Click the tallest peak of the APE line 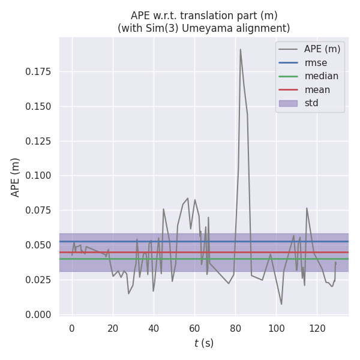241,49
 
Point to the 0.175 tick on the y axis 38,72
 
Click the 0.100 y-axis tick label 38,176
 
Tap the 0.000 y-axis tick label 38,314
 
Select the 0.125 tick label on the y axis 38,142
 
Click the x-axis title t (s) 203,343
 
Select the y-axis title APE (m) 16,177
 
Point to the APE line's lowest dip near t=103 281,304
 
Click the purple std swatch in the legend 288,103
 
